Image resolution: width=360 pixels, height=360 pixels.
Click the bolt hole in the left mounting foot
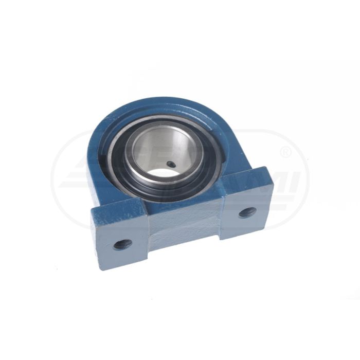[x=122, y=244]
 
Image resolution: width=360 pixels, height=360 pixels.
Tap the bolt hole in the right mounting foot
[x=247, y=212]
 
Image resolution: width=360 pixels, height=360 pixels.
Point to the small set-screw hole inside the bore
[x=171, y=164]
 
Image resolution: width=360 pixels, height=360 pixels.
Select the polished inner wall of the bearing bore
[x=154, y=149]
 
